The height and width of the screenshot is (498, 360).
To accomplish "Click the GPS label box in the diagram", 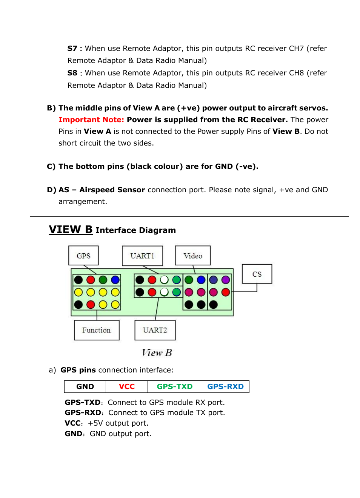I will [x=83, y=256].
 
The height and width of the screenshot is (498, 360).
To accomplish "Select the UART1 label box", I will [x=142, y=256].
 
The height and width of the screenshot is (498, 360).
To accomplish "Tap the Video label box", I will [x=193, y=256].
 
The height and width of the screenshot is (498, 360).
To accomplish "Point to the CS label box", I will [x=257, y=274].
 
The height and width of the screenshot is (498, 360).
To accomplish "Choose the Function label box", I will [x=97, y=330].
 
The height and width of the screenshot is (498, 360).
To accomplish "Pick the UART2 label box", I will [x=155, y=330].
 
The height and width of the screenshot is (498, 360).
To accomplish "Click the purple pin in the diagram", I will [x=226, y=280].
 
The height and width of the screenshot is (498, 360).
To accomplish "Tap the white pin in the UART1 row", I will [x=164, y=280].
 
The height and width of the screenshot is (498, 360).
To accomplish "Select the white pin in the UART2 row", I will [x=164, y=292].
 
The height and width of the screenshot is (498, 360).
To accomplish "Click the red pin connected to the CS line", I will [x=226, y=292].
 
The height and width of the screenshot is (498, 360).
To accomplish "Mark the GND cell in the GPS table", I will [x=85, y=386].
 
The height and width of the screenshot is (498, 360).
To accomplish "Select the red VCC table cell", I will [x=126, y=386].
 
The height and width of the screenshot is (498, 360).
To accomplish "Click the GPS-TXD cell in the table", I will [x=174, y=386].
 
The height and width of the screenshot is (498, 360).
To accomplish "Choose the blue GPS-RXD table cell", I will [x=225, y=386].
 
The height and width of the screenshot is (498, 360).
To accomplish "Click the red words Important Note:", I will [x=91, y=120].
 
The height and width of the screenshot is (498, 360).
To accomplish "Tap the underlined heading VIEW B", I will [x=71, y=229].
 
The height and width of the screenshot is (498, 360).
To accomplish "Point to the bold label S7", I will [x=72, y=48].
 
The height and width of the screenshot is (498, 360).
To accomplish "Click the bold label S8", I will [x=72, y=73].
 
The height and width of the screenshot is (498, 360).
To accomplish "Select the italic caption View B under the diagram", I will [x=157, y=352].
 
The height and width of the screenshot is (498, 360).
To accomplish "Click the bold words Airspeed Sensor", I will [x=112, y=190].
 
